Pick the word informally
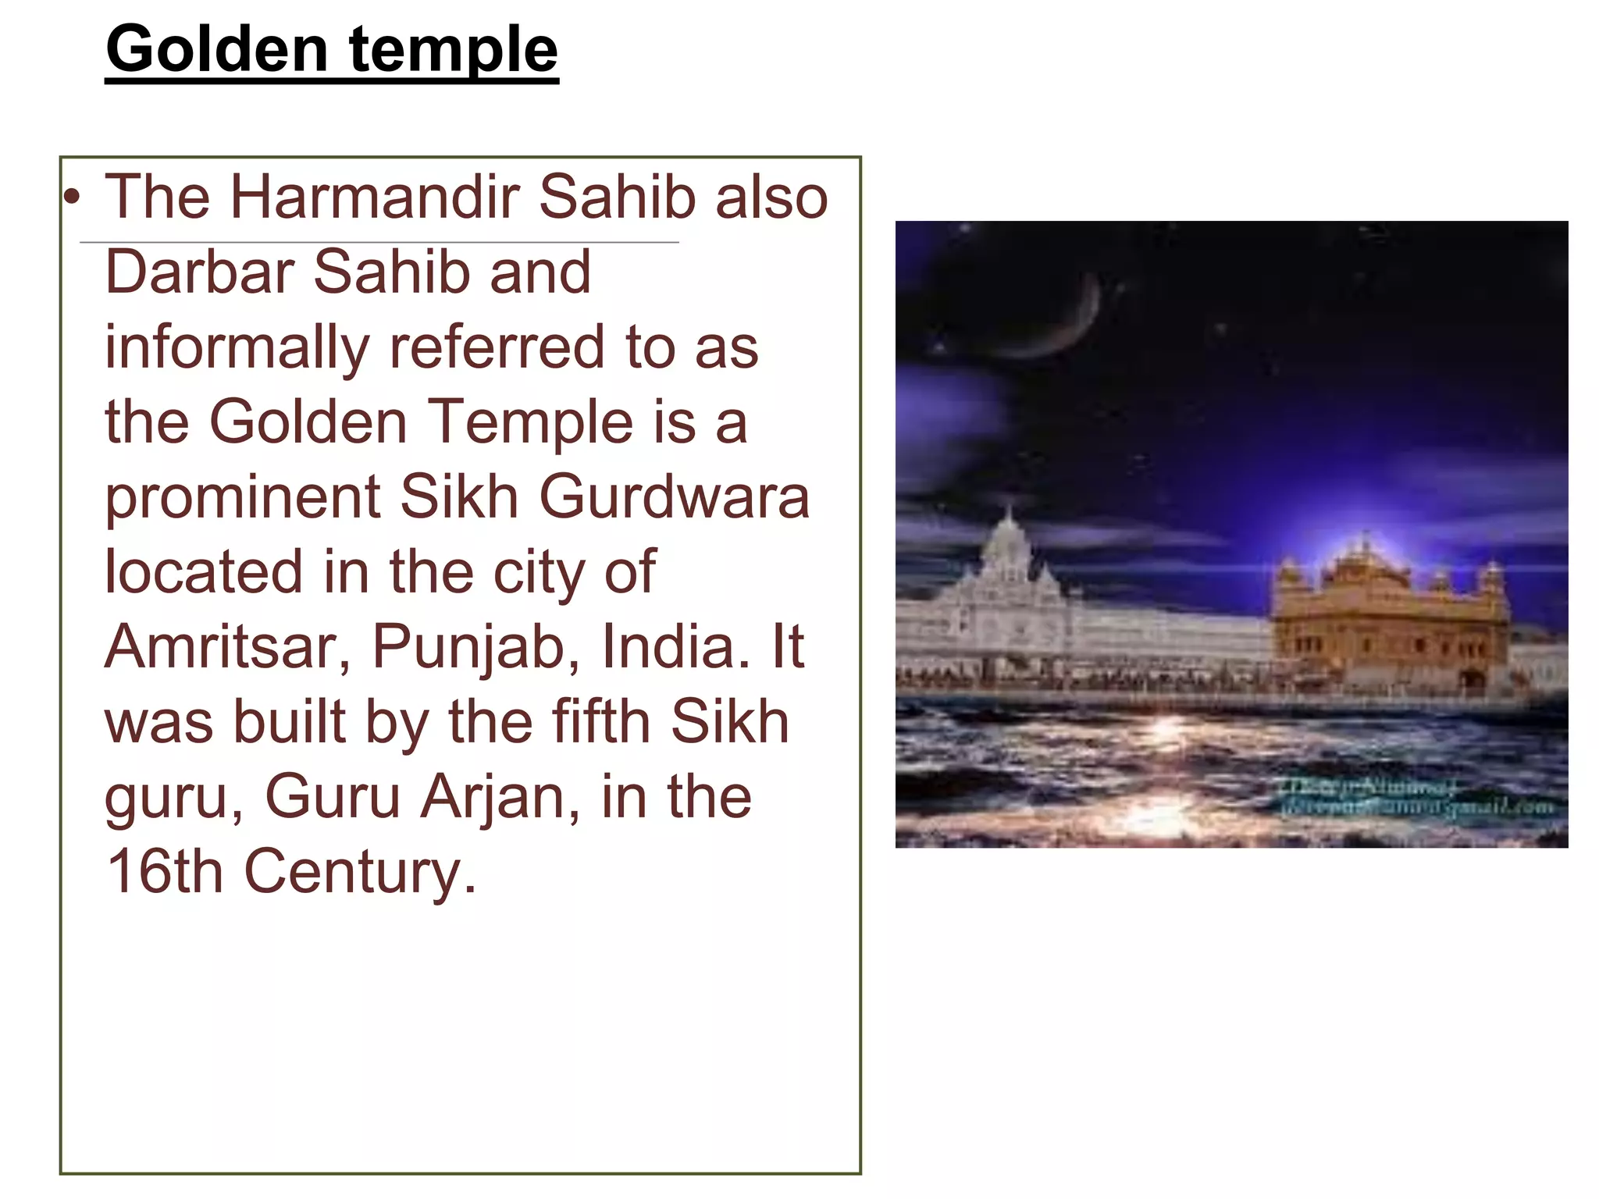tap(237, 347)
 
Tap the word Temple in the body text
tap(530, 422)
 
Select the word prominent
tap(242, 498)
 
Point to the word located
tap(203, 571)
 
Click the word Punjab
tap(475, 648)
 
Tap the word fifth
tap(601, 721)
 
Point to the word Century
tap(360, 873)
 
